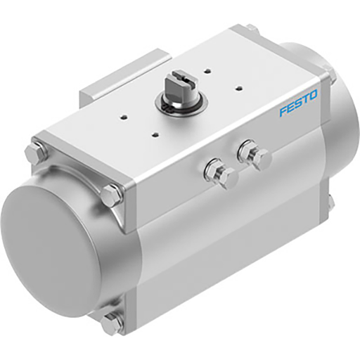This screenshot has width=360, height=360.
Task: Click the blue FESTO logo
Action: [298, 103]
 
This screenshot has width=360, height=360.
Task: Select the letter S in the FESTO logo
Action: [297, 103]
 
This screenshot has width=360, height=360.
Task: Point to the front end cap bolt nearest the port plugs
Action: [111, 195]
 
